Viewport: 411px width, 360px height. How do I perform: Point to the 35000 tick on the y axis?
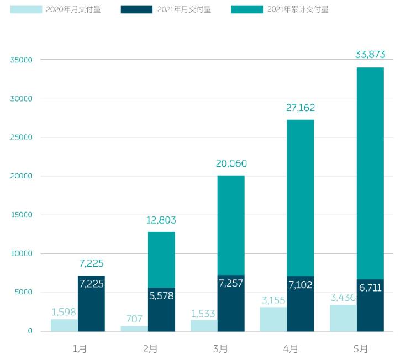pyautogui.click(x=22, y=60)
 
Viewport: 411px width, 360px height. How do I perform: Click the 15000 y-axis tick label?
pyautogui.click(x=22, y=215)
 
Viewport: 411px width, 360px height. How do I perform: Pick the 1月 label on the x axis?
pyautogui.click(x=80, y=348)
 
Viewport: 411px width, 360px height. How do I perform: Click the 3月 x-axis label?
pyautogui.click(x=220, y=348)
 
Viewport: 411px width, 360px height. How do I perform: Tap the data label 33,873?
pyautogui.click(x=370, y=54)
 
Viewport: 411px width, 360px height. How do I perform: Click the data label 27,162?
pyautogui.click(x=300, y=108)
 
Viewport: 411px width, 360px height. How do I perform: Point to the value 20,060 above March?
pyautogui.click(x=230, y=163)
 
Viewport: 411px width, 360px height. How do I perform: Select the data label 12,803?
pyautogui.click(x=161, y=220)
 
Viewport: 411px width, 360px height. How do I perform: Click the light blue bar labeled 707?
pyautogui.click(x=134, y=329)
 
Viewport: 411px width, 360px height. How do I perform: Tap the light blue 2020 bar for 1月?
pyautogui.click(x=64, y=325)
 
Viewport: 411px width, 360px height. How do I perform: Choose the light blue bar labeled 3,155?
pyautogui.click(x=273, y=319)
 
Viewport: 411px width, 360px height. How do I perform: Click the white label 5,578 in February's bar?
pyautogui.click(x=161, y=295)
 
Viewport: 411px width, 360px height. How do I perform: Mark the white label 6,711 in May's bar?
pyautogui.click(x=370, y=288)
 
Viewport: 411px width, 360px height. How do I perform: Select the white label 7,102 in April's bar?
pyautogui.click(x=300, y=285)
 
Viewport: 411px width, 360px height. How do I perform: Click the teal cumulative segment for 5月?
pyautogui.click(x=370, y=171)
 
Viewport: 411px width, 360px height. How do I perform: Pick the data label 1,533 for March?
pyautogui.click(x=204, y=314)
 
